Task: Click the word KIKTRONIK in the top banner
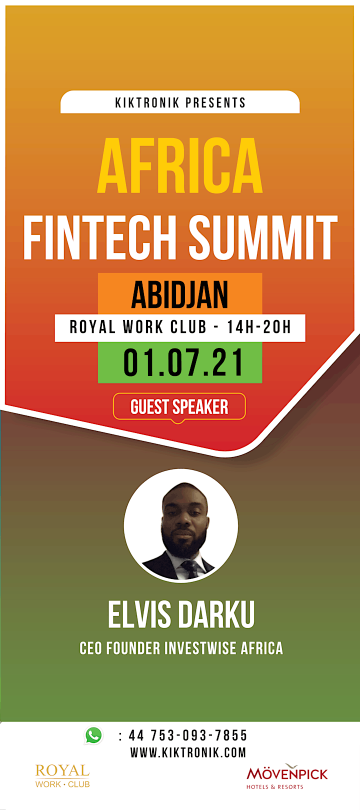147,102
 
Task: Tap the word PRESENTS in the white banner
216,102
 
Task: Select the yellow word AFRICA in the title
180,165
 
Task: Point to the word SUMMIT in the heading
263,237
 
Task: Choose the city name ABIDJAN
179,294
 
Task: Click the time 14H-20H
259,327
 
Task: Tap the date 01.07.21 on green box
183,362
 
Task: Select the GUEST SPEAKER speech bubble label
179,407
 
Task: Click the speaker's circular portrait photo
180,525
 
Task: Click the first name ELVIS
139,614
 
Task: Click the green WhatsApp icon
93,735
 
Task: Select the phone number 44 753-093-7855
188,735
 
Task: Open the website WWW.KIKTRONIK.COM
188,752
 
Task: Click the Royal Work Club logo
62,775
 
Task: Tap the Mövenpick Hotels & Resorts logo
287,776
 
